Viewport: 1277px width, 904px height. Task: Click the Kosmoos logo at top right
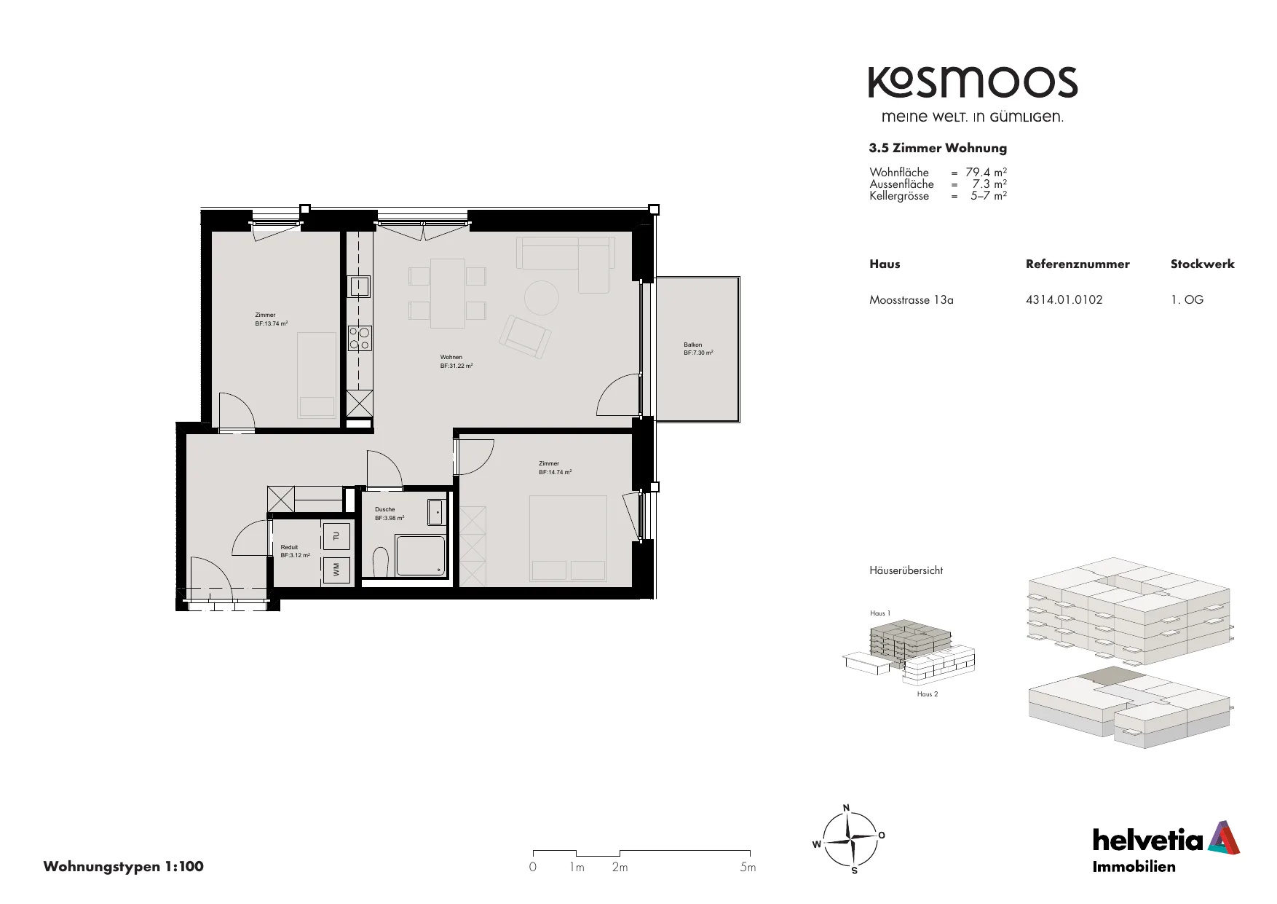[973, 82]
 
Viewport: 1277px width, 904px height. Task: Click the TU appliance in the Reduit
[336, 536]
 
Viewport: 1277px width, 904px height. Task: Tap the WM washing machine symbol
[336, 570]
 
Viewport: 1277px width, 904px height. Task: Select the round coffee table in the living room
[542, 298]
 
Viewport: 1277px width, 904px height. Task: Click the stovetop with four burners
[360, 337]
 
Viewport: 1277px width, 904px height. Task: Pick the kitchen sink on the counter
[360, 286]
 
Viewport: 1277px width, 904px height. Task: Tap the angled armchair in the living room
[524, 336]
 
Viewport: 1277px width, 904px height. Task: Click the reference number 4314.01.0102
[1064, 299]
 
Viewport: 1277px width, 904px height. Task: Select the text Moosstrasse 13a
[911, 299]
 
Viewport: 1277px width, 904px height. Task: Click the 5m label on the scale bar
[748, 867]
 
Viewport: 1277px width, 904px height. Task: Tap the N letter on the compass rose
[846, 807]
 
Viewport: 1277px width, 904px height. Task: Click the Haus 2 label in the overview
[927, 694]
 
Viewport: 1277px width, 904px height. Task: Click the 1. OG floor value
[1187, 299]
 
